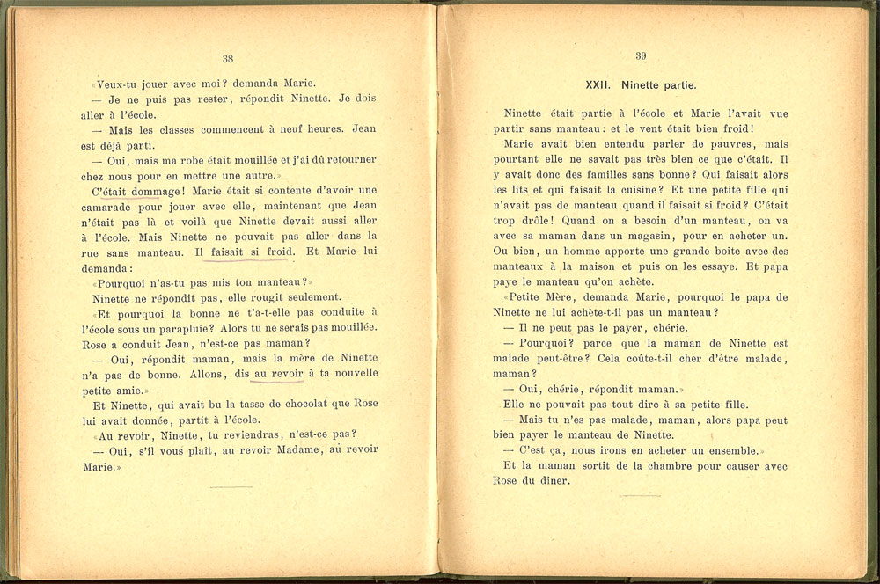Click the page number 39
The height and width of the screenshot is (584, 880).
(640, 57)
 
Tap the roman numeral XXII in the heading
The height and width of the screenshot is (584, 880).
(599, 85)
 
